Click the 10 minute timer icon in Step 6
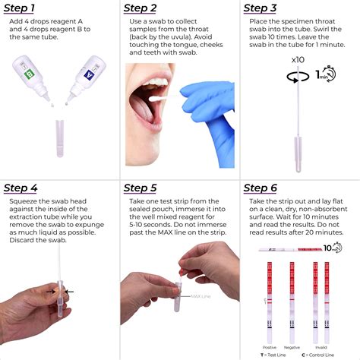point(332,248)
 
